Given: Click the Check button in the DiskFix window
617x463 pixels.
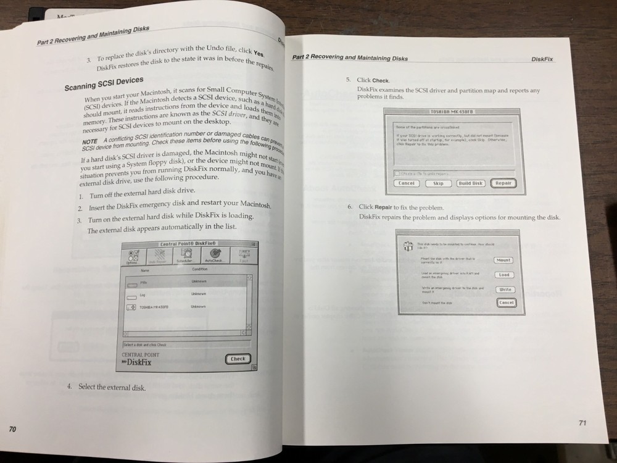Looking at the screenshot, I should click(x=238, y=359).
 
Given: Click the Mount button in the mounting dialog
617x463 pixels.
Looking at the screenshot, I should click(x=503, y=260).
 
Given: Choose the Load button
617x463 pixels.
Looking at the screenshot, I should click(x=504, y=275).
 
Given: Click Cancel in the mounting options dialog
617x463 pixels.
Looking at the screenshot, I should click(x=505, y=302).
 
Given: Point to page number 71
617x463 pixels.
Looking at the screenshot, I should click(x=583, y=422).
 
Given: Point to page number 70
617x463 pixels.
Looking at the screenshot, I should click(x=12, y=428).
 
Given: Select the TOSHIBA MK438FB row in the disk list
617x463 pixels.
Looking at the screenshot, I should click(x=154, y=307).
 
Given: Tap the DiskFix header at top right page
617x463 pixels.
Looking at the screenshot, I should click(x=542, y=59).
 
